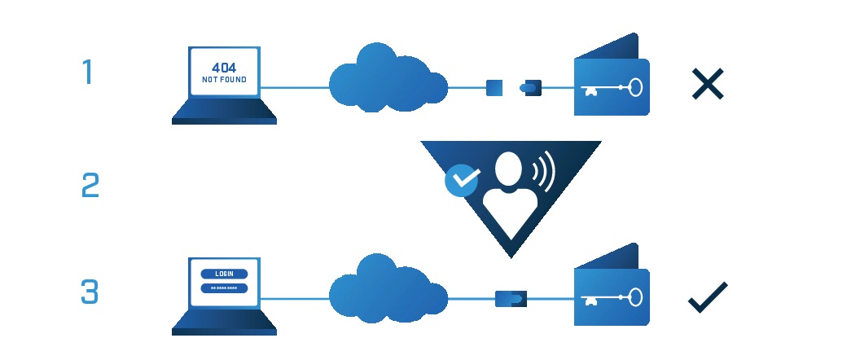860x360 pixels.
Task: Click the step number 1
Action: click(87, 72)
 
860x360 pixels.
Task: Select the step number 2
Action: click(90, 186)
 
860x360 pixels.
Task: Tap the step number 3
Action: click(90, 292)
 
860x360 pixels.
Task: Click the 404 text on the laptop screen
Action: click(223, 68)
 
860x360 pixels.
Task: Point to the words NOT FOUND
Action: click(223, 81)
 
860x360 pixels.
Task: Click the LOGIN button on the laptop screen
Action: click(223, 274)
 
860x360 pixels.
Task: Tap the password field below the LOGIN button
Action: click(223, 288)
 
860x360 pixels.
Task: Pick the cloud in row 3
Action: click(387, 292)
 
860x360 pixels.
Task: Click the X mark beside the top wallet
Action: click(707, 85)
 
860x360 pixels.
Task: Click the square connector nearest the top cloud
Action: click(494, 87)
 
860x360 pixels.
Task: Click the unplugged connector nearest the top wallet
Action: click(532, 87)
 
